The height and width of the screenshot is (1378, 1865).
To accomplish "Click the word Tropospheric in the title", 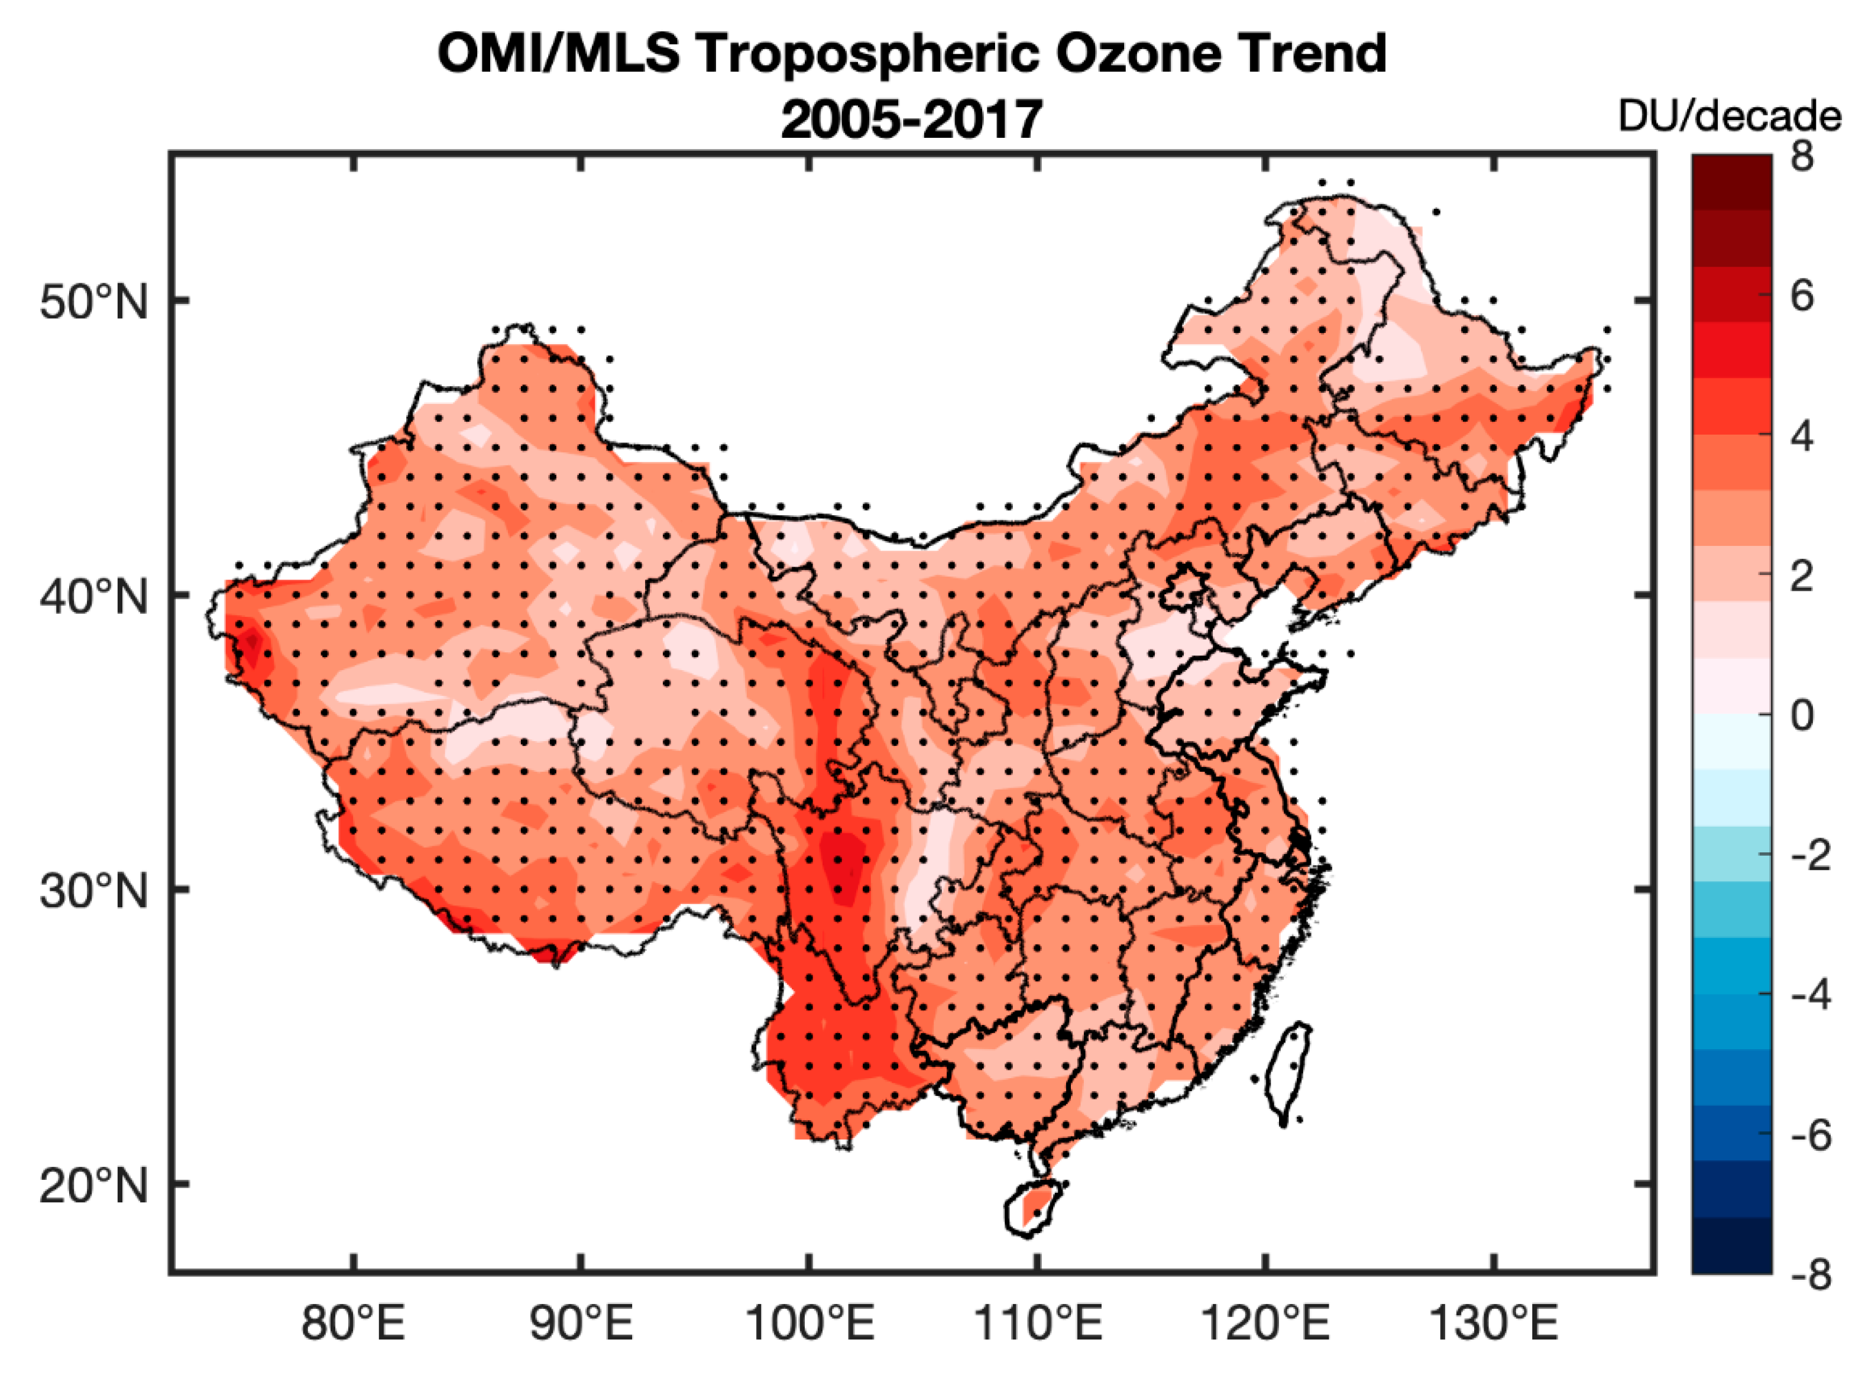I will (868, 55).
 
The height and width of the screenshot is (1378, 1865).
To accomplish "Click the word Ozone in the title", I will (1157, 55).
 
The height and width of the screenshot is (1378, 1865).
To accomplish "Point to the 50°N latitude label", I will (93, 302).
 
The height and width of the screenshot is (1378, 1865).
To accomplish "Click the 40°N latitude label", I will (93, 597).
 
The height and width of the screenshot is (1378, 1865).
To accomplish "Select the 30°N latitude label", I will (93, 892).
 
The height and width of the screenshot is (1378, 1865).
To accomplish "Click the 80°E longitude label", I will (353, 1324).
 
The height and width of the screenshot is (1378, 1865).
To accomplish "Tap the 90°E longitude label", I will (581, 1324).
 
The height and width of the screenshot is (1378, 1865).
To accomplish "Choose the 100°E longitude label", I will (809, 1324).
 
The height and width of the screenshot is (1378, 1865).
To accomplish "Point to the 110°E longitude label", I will (1038, 1324).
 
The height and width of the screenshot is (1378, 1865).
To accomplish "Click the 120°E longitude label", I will (1265, 1324).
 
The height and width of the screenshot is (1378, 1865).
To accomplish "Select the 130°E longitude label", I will (1494, 1324).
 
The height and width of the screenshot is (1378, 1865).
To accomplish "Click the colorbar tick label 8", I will (1802, 157).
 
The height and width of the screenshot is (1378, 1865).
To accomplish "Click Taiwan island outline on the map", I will (1288, 1075).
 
